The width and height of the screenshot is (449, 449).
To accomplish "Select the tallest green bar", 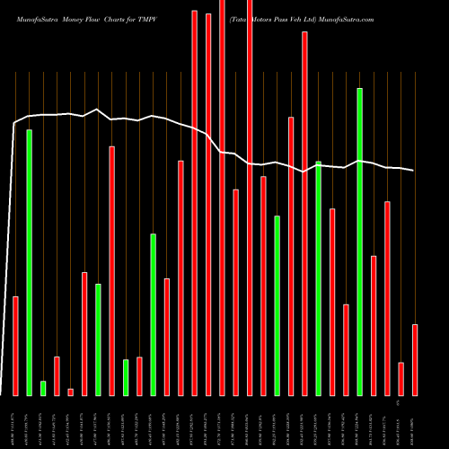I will click(360, 242).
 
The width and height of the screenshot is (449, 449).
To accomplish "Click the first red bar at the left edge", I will click(15, 346).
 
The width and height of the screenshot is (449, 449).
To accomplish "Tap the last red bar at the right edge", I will click(415, 359).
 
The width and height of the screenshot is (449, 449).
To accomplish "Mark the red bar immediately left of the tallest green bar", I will click(346, 349).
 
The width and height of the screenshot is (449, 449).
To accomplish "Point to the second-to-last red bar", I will click(401, 378).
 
